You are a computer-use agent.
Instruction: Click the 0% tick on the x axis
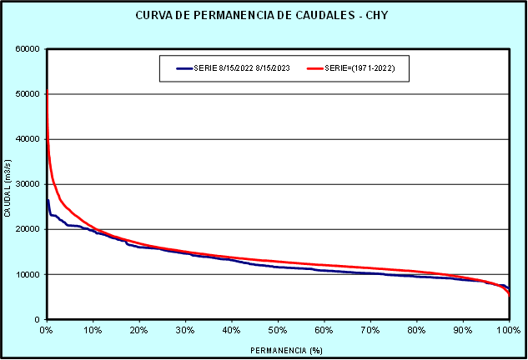(x=47, y=330)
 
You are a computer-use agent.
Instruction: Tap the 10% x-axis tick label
(x=93, y=330)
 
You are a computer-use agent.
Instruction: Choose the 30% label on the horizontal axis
(x=185, y=330)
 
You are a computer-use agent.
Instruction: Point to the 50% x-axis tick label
(x=278, y=330)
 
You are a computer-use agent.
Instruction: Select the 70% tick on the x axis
(x=370, y=330)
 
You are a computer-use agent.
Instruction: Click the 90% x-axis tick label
(x=463, y=330)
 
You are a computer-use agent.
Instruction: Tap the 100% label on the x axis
(x=507, y=330)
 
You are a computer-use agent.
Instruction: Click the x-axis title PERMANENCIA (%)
(x=278, y=349)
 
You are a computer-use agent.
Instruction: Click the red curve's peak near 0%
(x=47, y=89)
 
